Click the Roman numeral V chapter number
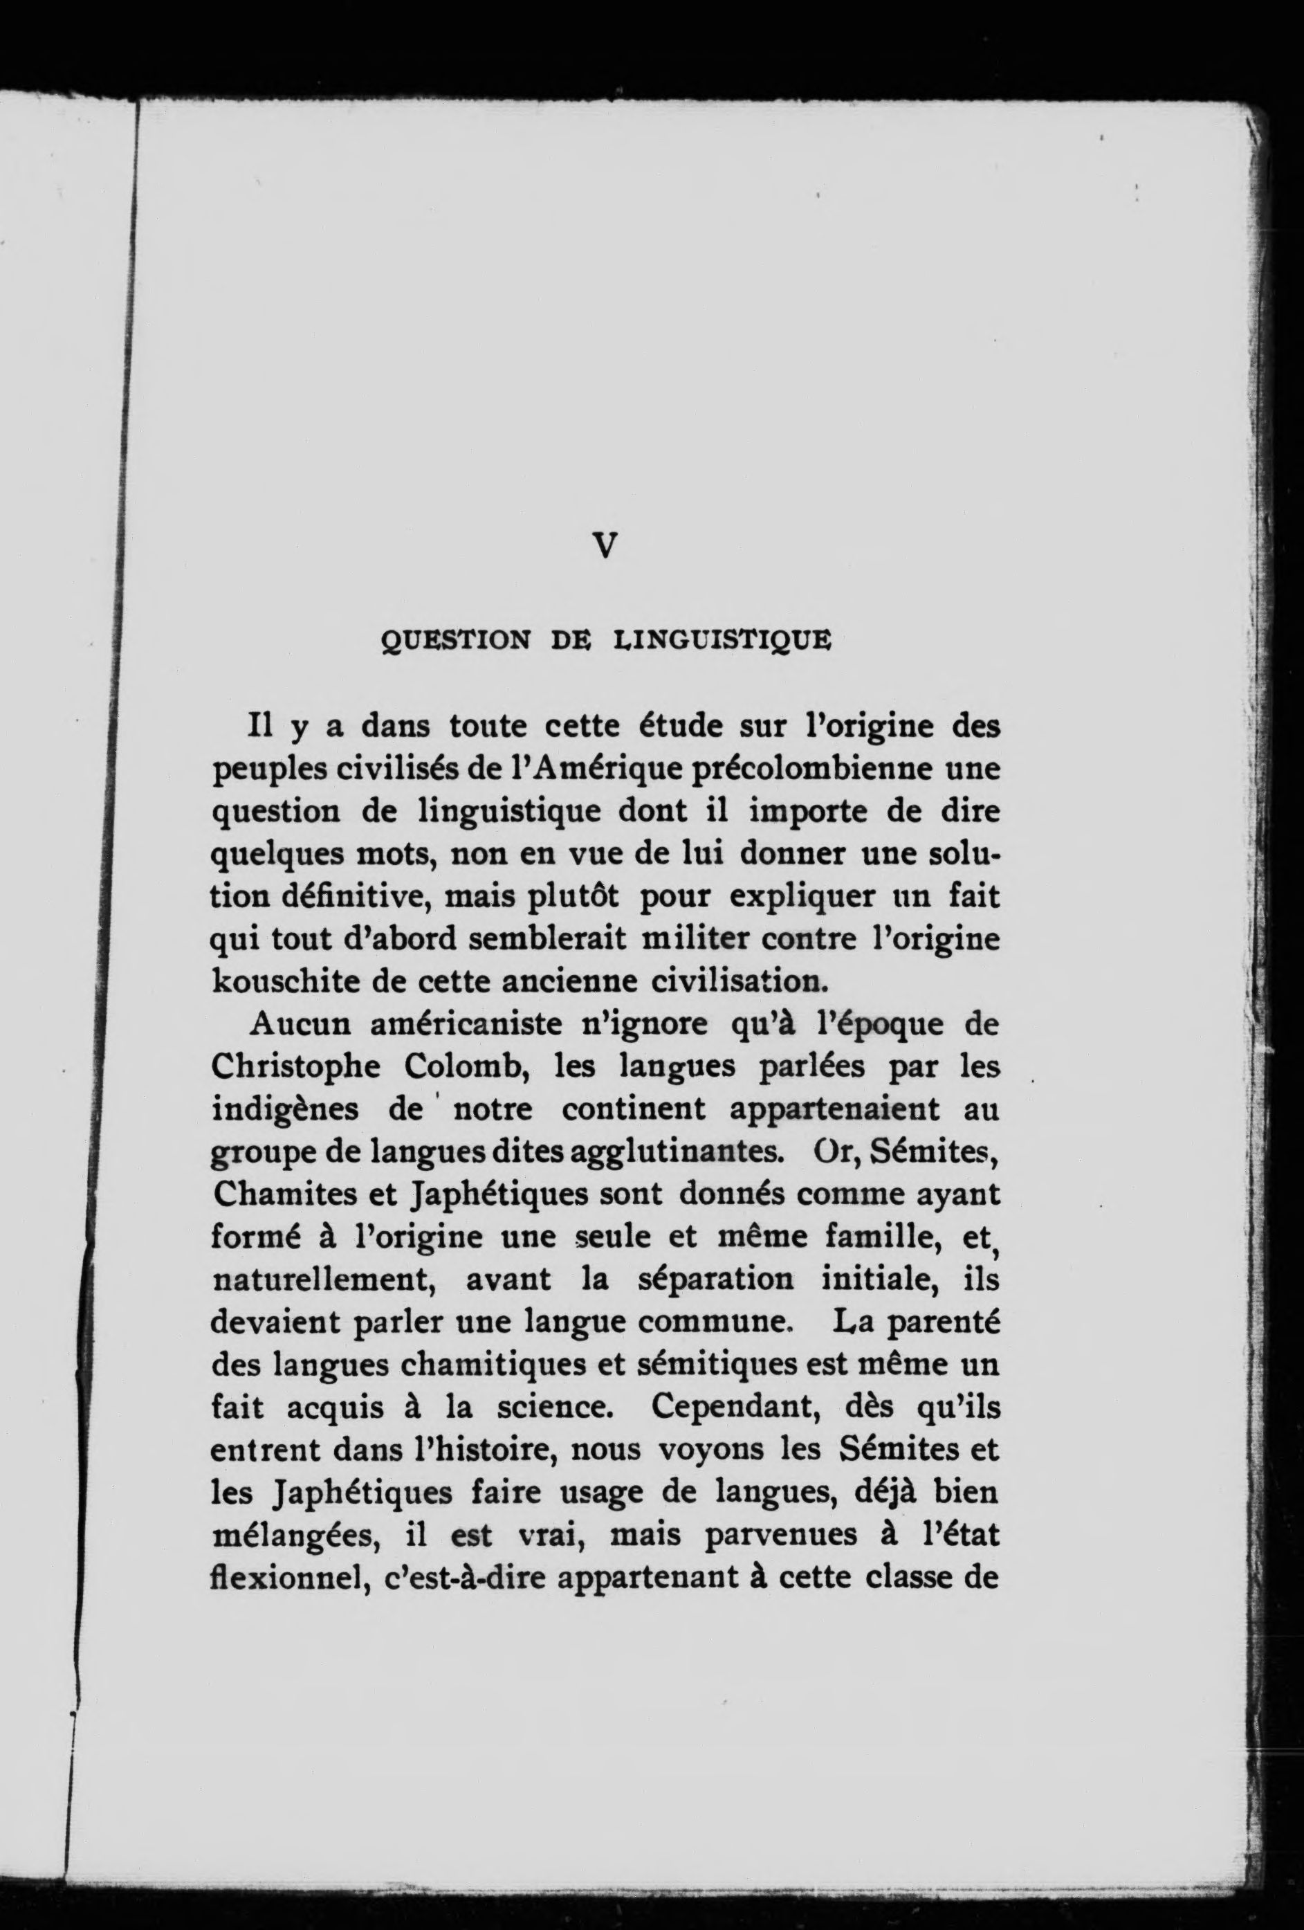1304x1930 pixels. [606, 545]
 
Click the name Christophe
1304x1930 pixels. [295, 1066]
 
